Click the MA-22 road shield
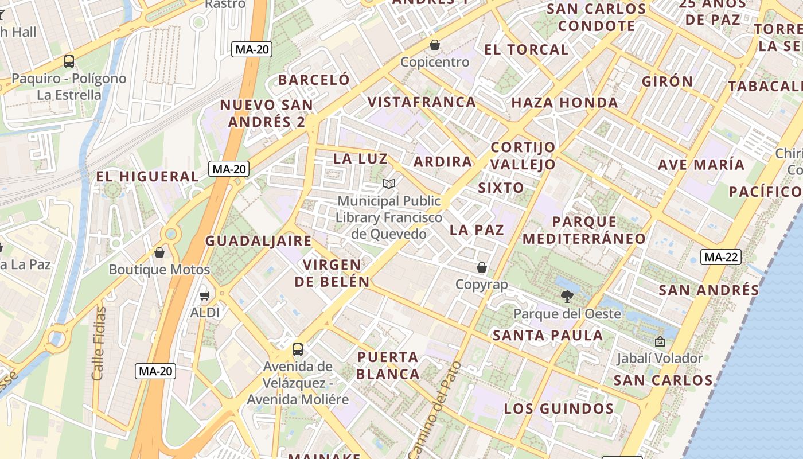click(x=721, y=257)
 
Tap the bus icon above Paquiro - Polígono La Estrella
click(x=69, y=61)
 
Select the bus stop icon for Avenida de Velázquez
click(x=297, y=349)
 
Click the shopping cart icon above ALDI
click(x=205, y=296)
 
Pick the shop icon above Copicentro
click(x=435, y=45)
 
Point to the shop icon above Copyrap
click(x=482, y=267)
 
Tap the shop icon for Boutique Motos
click(x=159, y=252)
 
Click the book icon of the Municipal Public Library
click(x=389, y=184)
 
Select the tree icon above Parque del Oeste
click(x=567, y=297)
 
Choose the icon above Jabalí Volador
click(x=660, y=341)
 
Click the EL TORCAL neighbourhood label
click(x=526, y=49)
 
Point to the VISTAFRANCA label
click(x=422, y=102)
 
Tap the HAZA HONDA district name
click(x=564, y=103)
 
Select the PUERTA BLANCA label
click(x=388, y=365)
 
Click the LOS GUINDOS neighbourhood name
click(x=559, y=409)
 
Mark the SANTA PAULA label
click(x=548, y=335)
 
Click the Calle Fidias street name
click(x=99, y=343)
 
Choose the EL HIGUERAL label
click(x=147, y=176)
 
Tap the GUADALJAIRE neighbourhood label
click(x=258, y=241)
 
